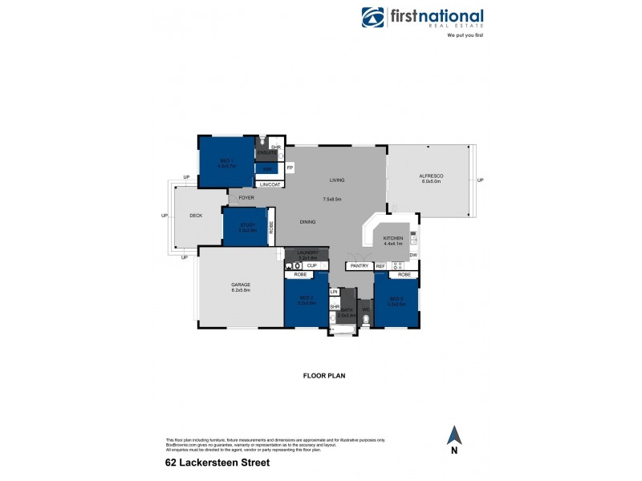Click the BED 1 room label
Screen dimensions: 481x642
(x=226, y=160)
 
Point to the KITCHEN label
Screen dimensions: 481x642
(x=392, y=239)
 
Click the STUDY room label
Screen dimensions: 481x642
(x=246, y=225)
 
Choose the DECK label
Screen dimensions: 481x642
(x=196, y=216)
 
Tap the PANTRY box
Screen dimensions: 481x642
(x=358, y=265)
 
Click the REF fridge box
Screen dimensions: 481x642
(x=380, y=265)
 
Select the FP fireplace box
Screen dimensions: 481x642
(x=290, y=168)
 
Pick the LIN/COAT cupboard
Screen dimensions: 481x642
(x=269, y=184)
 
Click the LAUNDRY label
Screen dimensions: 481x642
(x=308, y=253)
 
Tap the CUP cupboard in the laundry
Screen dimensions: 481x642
(x=311, y=265)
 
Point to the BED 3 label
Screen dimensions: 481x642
(x=395, y=302)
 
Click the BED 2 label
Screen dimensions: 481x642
(x=305, y=302)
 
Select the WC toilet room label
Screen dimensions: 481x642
(x=365, y=309)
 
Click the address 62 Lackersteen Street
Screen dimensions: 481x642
(x=217, y=463)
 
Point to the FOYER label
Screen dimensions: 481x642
(x=246, y=197)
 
